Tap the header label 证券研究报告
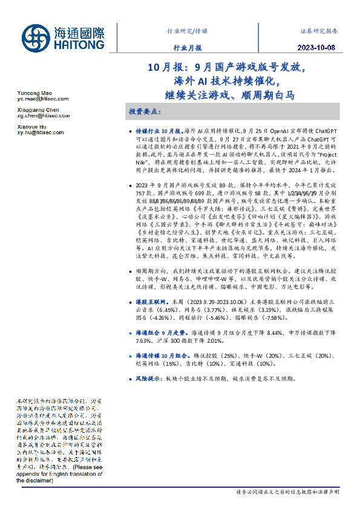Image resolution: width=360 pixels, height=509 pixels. (x=319, y=30)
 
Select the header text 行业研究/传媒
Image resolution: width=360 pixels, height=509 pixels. (x=186, y=30)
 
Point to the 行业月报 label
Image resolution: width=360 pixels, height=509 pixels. (x=186, y=48)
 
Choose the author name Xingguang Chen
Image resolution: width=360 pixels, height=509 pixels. (x=38, y=110)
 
